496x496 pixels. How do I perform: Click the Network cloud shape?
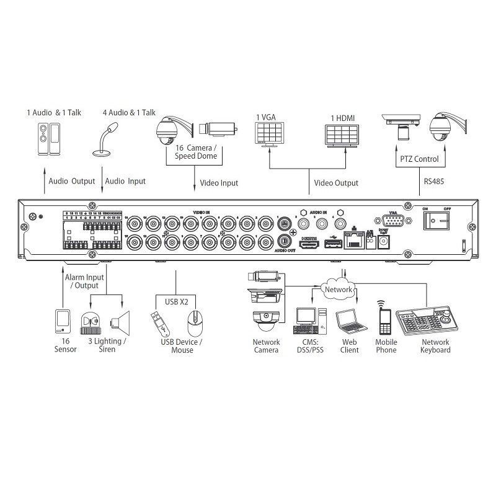tap(338, 289)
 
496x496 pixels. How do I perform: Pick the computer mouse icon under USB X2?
tap(195, 322)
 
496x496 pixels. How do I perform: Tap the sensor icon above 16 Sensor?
tap(63, 321)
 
